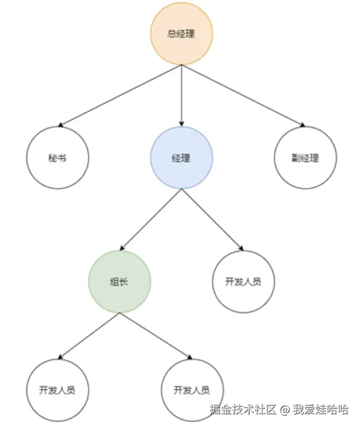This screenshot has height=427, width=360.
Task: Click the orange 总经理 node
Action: tap(181, 33)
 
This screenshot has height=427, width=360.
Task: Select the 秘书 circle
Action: tap(57, 158)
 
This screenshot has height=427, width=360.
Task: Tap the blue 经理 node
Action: tap(181, 158)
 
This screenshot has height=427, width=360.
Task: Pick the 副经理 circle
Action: tap(305, 158)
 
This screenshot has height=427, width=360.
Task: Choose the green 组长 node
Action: tap(119, 282)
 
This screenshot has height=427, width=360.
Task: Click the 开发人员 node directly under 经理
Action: tap(243, 282)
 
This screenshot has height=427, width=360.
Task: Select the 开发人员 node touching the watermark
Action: tap(192, 389)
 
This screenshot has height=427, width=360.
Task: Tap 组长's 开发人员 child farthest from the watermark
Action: tap(57, 389)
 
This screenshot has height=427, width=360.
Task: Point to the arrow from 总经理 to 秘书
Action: tap(120, 96)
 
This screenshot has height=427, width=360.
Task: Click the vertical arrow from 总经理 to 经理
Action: tap(181, 95)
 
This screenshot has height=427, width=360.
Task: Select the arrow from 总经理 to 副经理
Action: tap(243, 96)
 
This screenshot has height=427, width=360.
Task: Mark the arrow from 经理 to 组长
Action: tap(150, 220)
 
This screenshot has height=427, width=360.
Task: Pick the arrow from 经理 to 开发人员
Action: tap(212, 220)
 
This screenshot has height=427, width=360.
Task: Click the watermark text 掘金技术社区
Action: tap(243, 410)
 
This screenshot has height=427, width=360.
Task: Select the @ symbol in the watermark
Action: tap(284, 410)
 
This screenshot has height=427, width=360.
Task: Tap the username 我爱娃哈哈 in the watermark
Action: tap(321, 410)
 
